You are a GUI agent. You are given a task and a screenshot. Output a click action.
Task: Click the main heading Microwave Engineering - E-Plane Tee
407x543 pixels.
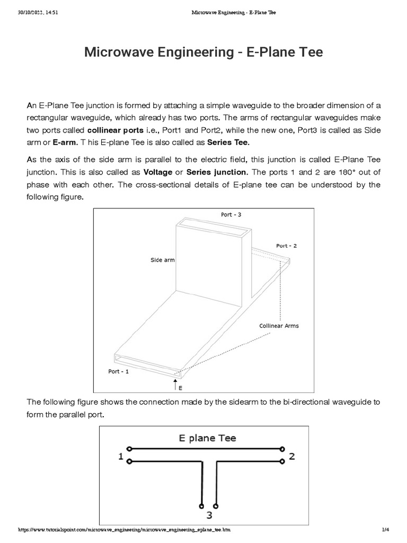pos(203,52)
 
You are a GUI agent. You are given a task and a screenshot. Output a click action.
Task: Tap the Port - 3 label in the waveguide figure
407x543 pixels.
pos(231,215)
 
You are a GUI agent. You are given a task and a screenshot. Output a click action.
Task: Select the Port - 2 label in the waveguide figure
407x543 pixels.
pos(286,246)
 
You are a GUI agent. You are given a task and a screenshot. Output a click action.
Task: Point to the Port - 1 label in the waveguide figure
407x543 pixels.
pos(118,371)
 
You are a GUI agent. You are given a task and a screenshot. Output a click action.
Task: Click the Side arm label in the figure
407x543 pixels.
pos(163,260)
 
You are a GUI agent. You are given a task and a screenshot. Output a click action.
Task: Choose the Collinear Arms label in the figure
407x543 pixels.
pos(279,326)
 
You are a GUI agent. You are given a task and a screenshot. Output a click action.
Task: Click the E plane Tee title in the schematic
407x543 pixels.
pos(207,438)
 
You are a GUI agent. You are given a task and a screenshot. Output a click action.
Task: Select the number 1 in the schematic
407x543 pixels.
pos(121,456)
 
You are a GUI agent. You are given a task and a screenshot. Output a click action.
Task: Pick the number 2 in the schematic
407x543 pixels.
pos(291,456)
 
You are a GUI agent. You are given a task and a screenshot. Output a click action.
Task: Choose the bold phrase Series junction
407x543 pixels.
pos(217,172)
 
